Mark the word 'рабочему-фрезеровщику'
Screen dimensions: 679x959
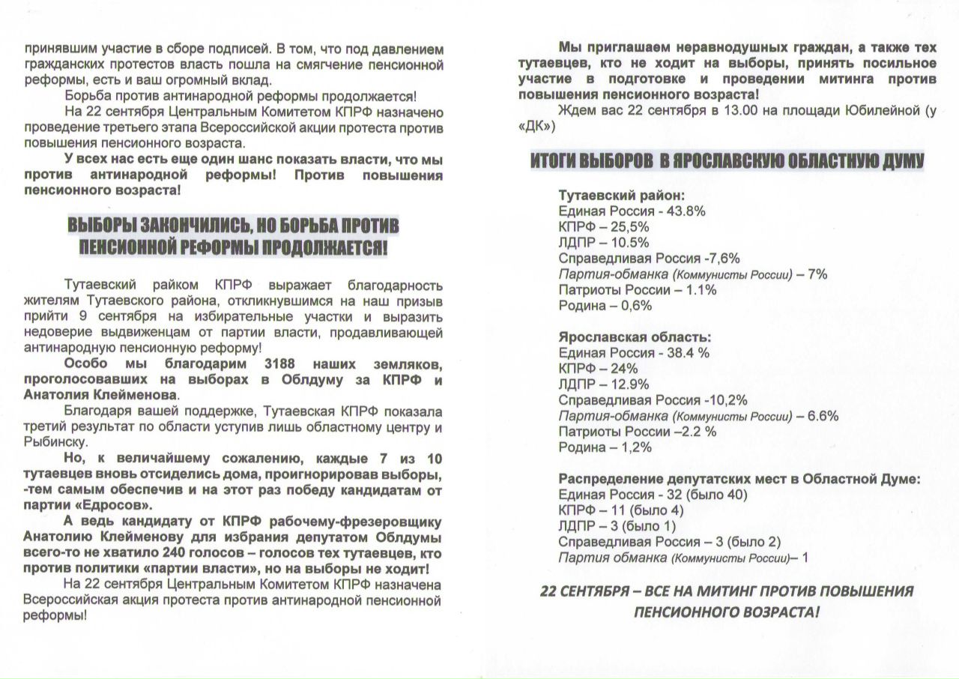[x=361, y=521]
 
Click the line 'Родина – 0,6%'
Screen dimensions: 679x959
[x=605, y=306]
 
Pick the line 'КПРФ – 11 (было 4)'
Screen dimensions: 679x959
[x=621, y=510]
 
